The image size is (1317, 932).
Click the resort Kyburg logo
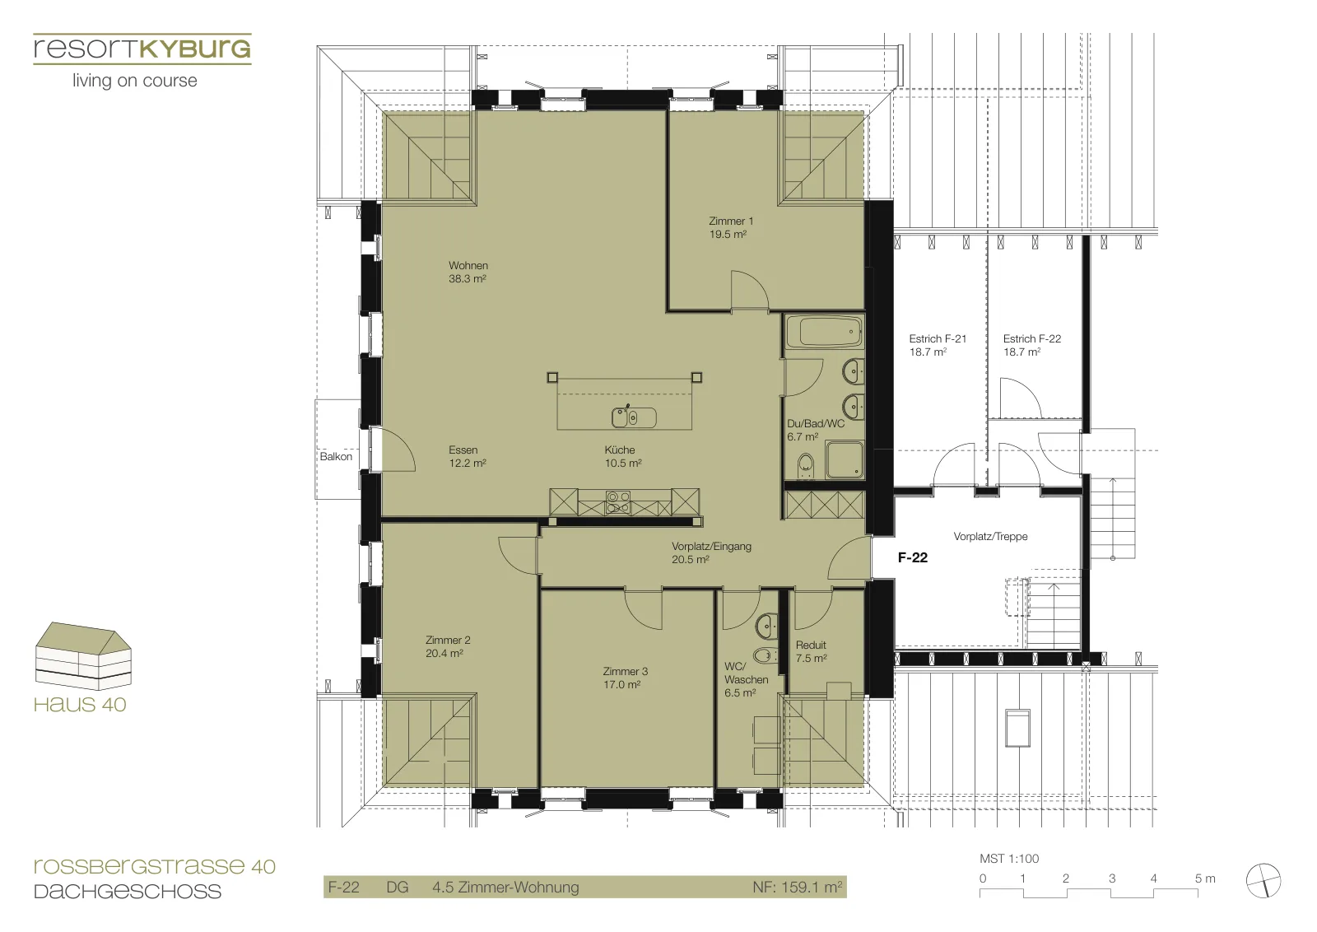142,62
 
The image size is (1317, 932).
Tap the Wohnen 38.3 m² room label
468,273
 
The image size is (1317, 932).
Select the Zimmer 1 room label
730,227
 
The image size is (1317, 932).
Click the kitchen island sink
633,417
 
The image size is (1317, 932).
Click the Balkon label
336,456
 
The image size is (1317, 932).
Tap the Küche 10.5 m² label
622,456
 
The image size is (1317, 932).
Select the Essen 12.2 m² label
467,456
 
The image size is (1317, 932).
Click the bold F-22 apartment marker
913,557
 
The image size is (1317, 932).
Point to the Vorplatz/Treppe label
990,536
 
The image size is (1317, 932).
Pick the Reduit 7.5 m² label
811,651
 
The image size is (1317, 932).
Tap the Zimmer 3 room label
625,678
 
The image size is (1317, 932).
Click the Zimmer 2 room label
448,646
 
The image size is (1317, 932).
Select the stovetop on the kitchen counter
618,503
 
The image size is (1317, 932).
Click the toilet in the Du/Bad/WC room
806,466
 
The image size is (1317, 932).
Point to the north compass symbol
1263,880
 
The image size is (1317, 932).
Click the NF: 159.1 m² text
798,887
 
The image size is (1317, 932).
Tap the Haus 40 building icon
83,655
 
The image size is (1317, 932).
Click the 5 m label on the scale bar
1205,878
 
